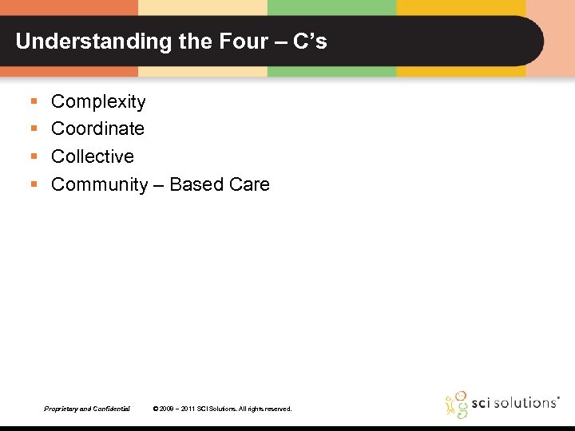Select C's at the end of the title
click(310, 42)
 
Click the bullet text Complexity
click(98, 102)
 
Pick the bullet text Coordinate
click(97, 129)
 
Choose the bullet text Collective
click(93, 156)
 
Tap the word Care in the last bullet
click(249, 185)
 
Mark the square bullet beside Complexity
click(34, 102)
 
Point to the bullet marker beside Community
click(34, 185)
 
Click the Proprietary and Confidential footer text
click(87, 409)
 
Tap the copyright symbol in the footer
click(155, 409)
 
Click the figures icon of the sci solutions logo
click(455, 404)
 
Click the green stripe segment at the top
click(331, 7)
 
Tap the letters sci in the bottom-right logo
click(480, 402)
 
